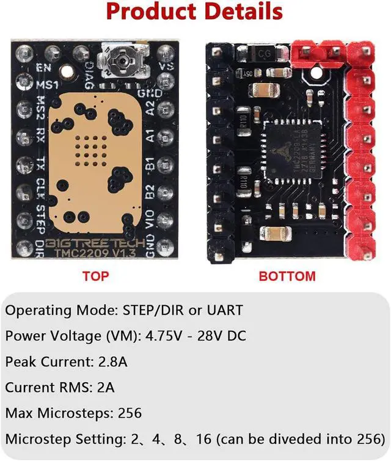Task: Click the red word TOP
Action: [95, 276]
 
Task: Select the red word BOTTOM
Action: [287, 276]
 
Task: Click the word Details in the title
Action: [241, 12]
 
